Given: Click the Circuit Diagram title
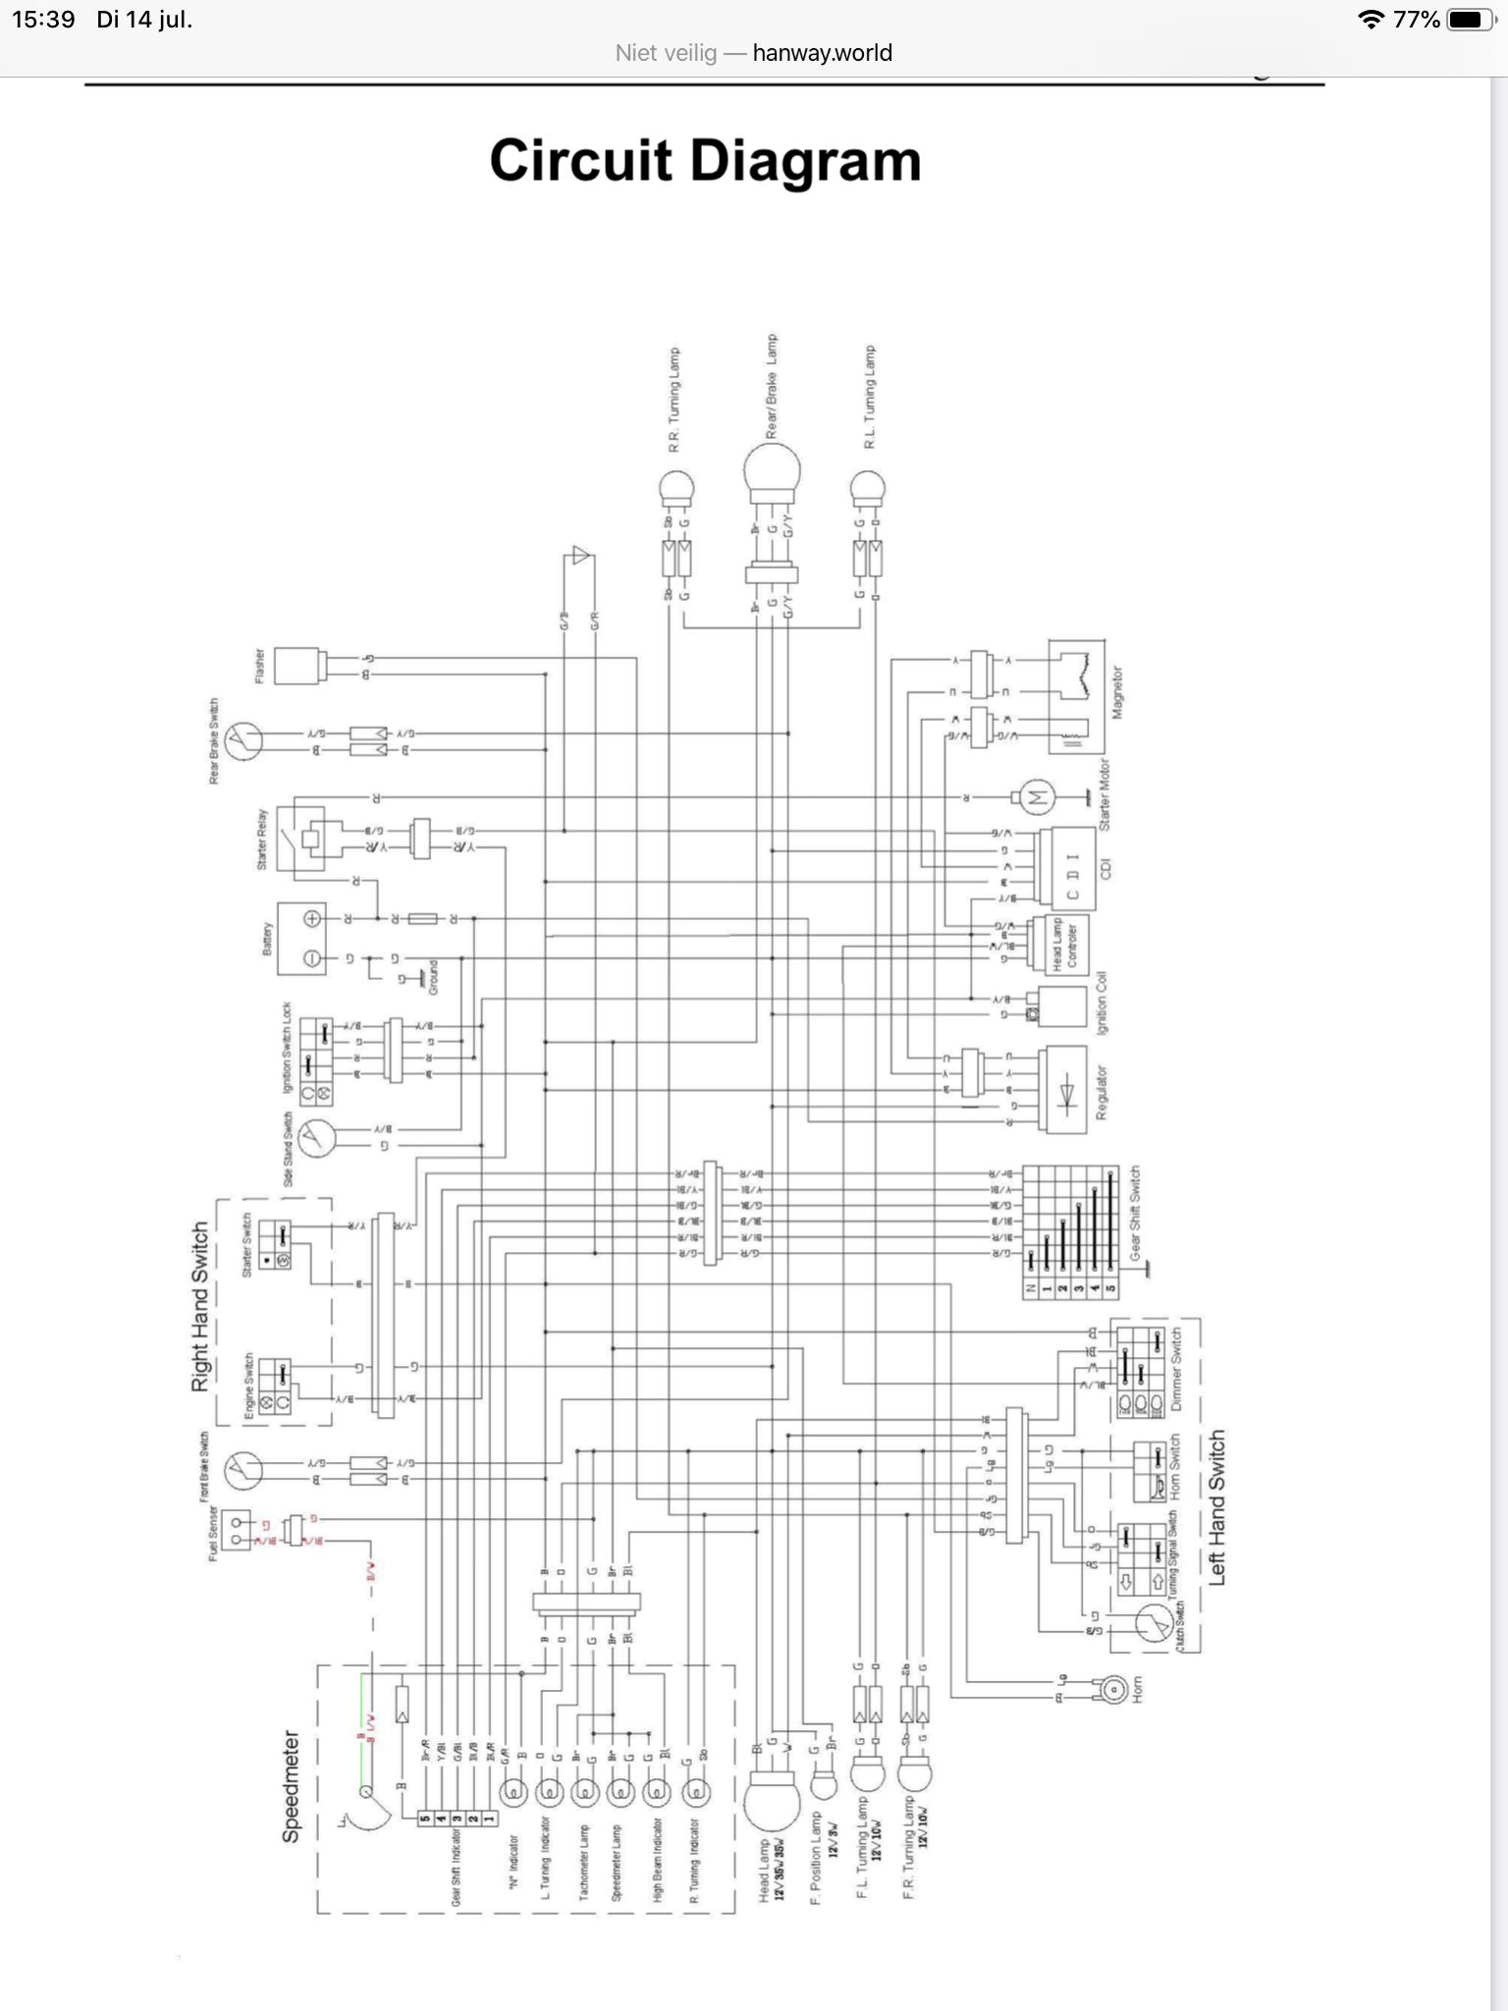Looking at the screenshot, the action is tap(705, 161).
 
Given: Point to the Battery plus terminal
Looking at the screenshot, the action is tap(312, 919).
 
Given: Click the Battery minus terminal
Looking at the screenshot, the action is tap(312, 958).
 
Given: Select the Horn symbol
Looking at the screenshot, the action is tap(1113, 1689).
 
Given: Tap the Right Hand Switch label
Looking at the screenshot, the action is tap(200, 1306).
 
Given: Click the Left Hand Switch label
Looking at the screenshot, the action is tap(1217, 1507).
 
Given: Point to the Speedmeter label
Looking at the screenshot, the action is tap(292, 1787).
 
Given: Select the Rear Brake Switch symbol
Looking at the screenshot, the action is tap(242, 741).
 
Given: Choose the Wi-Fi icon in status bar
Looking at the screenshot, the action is tap(1371, 20).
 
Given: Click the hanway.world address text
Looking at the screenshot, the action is tap(822, 53).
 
